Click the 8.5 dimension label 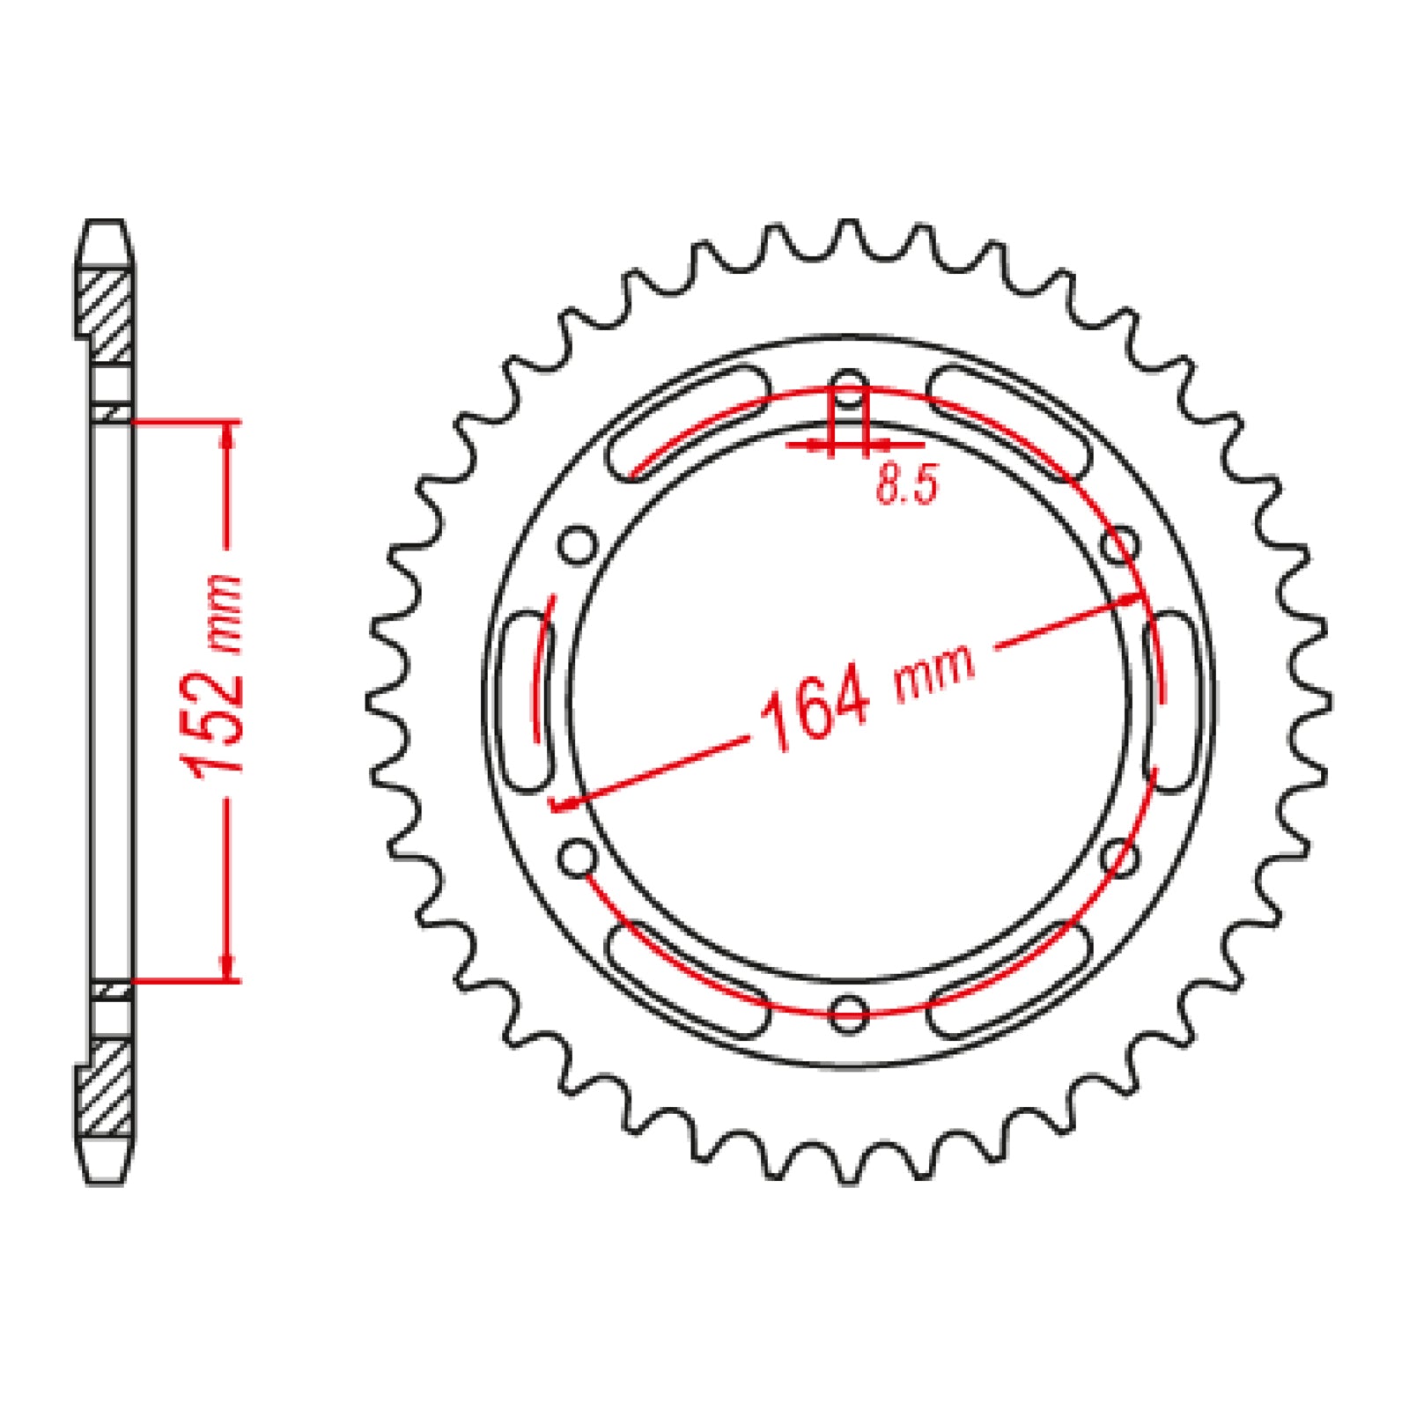[907, 484]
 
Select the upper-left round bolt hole [578, 545]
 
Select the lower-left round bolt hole [578, 856]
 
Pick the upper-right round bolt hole [1119, 545]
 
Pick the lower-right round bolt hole [1119, 856]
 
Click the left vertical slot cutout [527, 699]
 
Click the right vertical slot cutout [1170, 701]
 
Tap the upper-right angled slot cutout [1009, 422]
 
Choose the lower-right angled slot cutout [1009, 978]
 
